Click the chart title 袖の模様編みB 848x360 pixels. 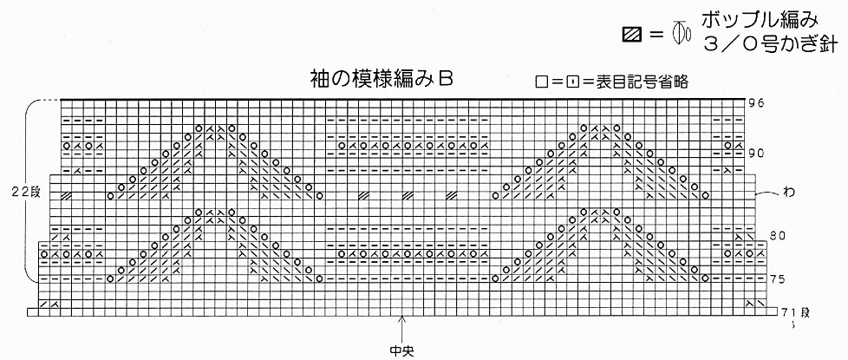click(382, 77)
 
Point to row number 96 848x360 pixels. click(755, 103)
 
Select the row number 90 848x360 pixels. click(755, 154)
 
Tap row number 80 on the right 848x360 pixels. click(778, 235)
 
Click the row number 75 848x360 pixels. click(778, 278)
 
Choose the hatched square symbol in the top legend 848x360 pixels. click(631, 36)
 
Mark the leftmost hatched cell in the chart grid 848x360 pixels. click(66, 195)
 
